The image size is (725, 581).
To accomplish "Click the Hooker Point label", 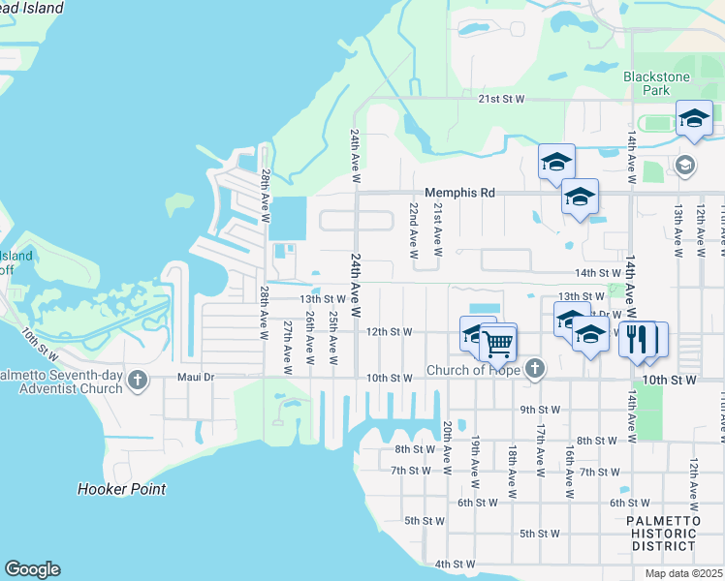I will click(x=121, y=489).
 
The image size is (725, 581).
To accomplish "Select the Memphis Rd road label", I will click(x=459, y=193).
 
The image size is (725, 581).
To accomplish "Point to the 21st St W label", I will click(x=500, y=99).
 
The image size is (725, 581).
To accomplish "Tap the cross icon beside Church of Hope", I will click(x=535, y=369).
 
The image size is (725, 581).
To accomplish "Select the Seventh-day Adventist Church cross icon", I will click(x=138, y=380).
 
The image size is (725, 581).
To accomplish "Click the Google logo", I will click(x=32, y=569).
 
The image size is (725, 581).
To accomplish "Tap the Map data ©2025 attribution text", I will click(x=682, y=573).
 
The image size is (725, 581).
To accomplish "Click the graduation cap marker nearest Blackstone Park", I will click(x=693, y=118).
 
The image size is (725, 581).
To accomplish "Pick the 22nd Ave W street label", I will click(x=413, y=230).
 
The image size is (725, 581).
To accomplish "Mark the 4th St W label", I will click(x=455, y=564).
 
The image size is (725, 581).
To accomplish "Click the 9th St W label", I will click(x=540, y=410).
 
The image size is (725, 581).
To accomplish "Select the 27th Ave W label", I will click(x=287, y=342).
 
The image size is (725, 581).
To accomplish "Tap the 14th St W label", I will click(x=597, y=274).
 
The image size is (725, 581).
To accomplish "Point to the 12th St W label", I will click(x=389, y=331).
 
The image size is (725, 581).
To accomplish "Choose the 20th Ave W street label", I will click(x=447, y=441).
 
